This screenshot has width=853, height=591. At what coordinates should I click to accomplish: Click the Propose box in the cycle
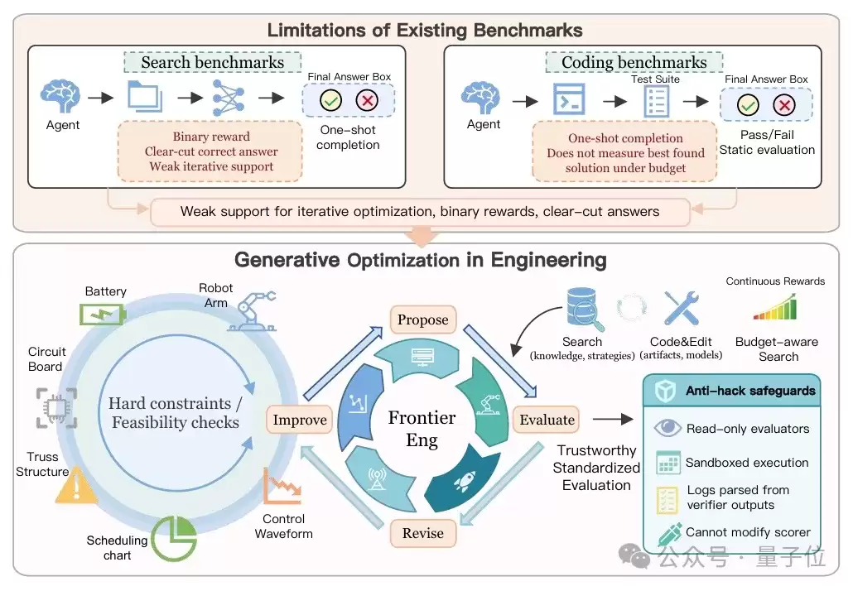click(x=422, y=320)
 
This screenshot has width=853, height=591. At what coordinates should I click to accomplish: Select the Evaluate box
click(x=547, y=420)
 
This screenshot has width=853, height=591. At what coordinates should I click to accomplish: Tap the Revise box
click(x=422, y=533)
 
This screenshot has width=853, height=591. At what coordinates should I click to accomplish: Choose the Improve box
click(x=299, y=420)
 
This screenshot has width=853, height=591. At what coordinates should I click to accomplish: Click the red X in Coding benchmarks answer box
click(x=784, y=105)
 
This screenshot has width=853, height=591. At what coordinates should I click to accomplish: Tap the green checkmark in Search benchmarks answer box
click(x=330, y=101)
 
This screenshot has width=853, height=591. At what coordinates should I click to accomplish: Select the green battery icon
click(x=103, y=315)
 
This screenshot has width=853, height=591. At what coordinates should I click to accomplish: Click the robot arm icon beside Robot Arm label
click(x=252, y=311)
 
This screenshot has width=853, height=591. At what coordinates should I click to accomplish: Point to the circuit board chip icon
click(x=56, y=408)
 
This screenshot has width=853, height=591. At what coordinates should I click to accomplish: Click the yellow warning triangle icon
click(x=76, y=485)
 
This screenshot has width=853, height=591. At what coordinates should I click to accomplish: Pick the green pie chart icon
click(x=174, y=538)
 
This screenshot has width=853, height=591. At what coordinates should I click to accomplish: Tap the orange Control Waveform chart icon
click(x=282, y=486)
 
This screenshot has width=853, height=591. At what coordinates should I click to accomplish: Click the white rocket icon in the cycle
click(x=464, y=481)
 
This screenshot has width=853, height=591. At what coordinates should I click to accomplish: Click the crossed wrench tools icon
click(x=682, y=308)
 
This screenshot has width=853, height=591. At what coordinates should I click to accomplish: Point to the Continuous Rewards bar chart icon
click(x=775, y=307)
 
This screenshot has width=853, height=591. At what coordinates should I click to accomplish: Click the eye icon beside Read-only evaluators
click(x=667, y=429)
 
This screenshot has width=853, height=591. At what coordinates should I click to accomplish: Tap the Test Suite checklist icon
click(x=656, y=102)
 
